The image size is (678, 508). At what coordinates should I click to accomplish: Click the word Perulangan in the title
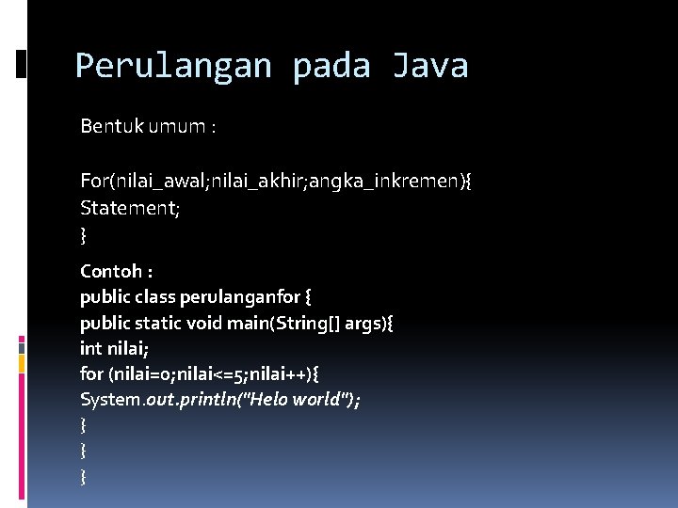click(174, 67)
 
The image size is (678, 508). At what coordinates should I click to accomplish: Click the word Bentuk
click(110, 126)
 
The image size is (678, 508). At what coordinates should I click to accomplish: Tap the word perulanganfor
click(249, 297)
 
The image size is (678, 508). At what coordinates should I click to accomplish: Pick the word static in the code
click(159, 324)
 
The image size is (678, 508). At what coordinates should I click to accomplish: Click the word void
click(204, 324)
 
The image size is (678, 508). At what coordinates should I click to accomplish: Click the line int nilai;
click(113, 349)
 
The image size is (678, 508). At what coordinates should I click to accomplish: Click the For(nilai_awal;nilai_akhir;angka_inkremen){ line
click(276, 181)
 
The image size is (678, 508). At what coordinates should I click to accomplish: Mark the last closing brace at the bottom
click(84, 477)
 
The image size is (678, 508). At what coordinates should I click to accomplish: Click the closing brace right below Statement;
click(84, 232)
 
